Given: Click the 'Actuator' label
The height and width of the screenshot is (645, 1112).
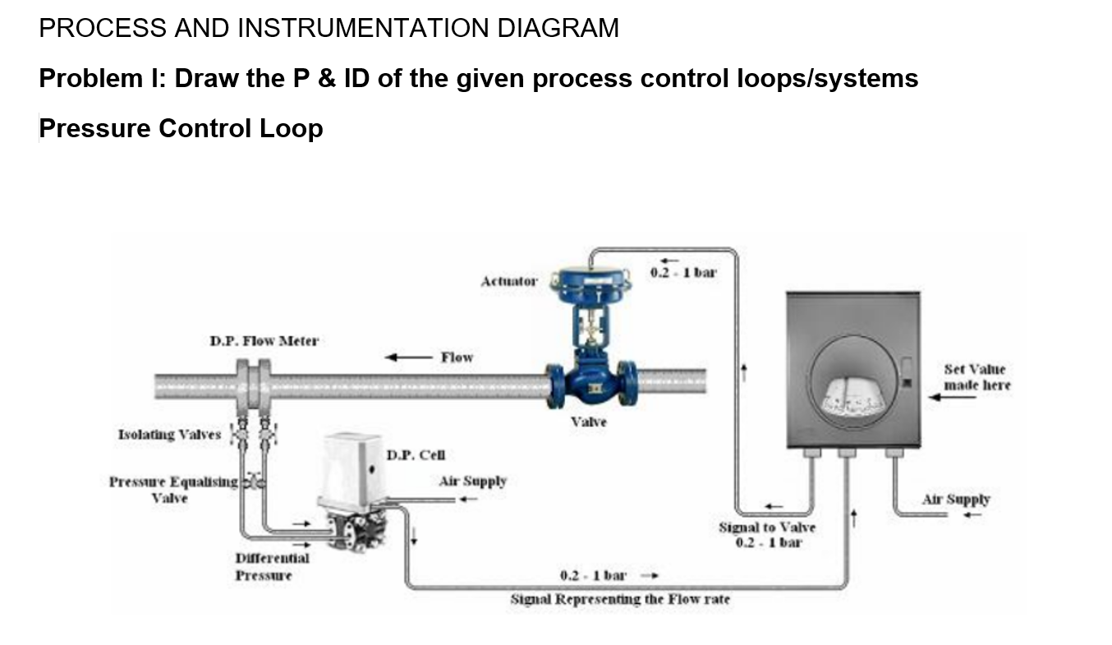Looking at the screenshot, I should (509, 281).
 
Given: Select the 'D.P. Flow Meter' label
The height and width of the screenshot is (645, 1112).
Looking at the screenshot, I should (264, 339).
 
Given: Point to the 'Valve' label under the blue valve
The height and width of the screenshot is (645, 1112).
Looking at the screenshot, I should (589, 422).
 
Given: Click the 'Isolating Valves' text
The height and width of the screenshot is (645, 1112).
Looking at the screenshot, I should (170, 434).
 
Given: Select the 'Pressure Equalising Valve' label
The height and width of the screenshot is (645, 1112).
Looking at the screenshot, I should (173, 489).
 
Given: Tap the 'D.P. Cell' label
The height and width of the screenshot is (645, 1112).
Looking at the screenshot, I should (415, 454).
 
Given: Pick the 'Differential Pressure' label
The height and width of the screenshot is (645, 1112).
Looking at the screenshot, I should (272, 566).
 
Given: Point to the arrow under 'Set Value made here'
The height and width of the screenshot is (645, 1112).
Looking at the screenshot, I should (952, 398).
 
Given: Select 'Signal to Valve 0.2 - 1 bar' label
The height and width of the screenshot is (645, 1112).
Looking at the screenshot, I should (767, 534).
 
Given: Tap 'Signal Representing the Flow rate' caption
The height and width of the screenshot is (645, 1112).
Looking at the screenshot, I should (620, 599).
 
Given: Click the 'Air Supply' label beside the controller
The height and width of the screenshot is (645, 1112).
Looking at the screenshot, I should (956, 499).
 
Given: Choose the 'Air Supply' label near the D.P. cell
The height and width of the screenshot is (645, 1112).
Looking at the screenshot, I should (472, 481).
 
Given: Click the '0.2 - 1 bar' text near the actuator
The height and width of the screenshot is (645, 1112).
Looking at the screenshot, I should (682, 273).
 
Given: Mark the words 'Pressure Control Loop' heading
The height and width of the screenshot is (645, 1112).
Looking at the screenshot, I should (181, 128).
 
